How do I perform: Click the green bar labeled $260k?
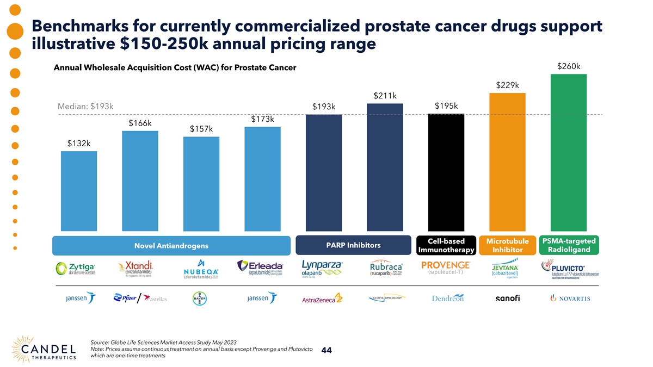(x=568, y=152)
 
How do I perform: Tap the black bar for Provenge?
(x=446, y=172)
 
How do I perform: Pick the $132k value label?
(x=79, y=144)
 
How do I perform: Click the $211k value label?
(x=385, y=96)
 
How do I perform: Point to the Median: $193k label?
(x=85, y=106)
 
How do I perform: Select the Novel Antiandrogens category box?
(x=171, y=246)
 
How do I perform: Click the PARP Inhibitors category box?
(x=353, y=245)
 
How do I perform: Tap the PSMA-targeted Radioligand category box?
(x=568, y=245)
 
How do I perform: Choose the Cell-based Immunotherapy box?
(x=446, y=245)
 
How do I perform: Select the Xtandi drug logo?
(x=135, y=269)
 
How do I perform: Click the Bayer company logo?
(x=200, y=298)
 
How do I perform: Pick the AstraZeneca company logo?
(x=322, y=298)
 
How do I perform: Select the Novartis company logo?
(x=570, y=298)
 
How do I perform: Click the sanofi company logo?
(x=507, y=298)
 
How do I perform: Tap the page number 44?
(x=327, y=351)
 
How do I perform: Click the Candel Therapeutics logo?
(x=46, y=348)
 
